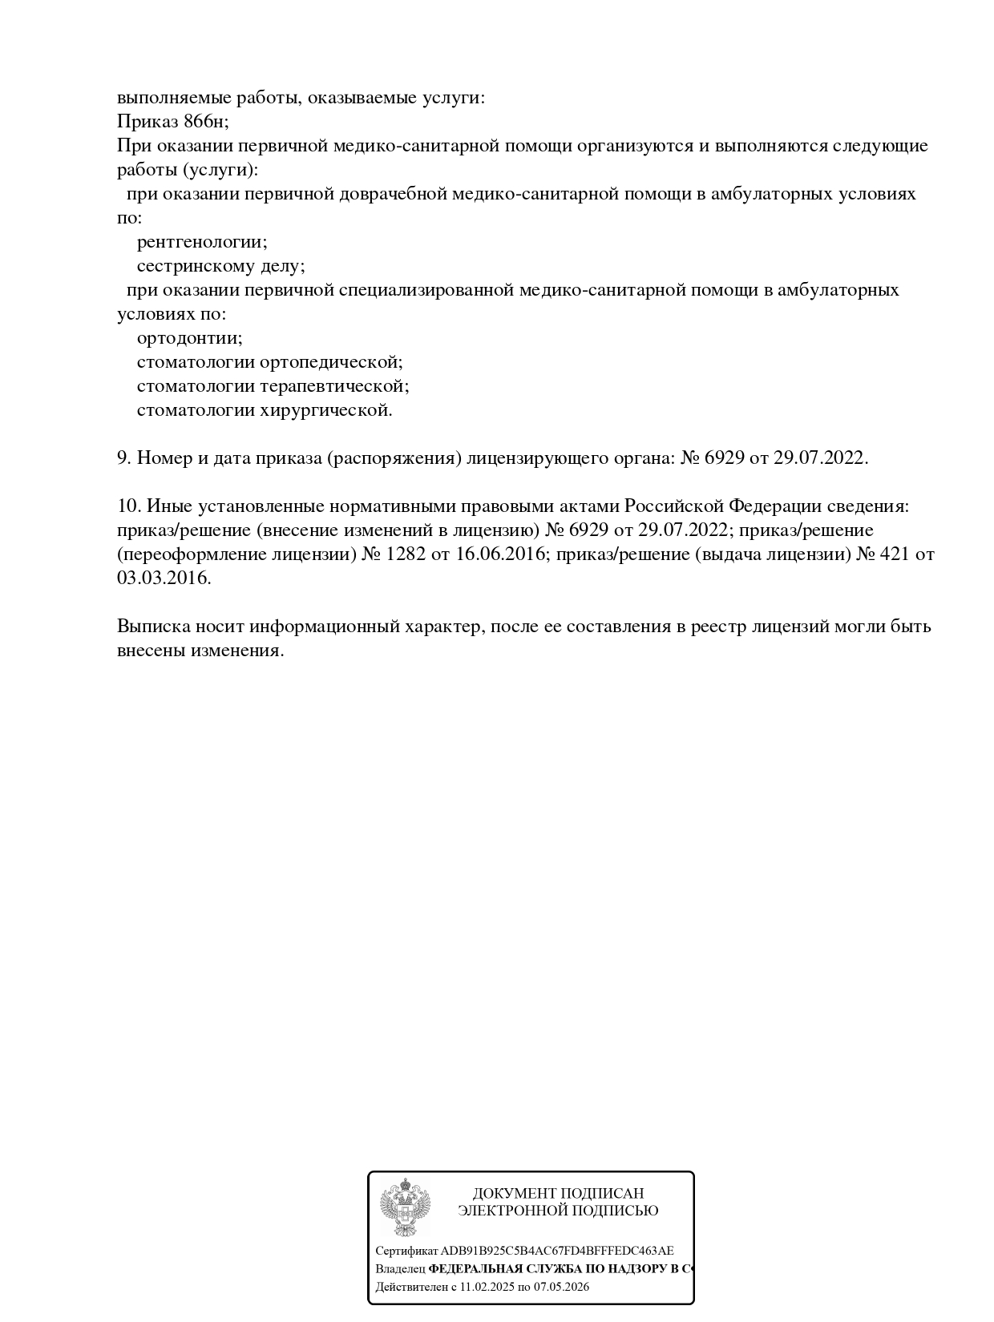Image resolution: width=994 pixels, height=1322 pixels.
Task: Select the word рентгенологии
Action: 200,242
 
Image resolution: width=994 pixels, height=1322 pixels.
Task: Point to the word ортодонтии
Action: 188,338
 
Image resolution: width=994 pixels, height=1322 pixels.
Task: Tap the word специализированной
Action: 426,290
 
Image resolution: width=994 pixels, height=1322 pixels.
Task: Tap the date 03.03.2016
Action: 164,578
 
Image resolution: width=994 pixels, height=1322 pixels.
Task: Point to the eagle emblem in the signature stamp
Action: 406,1207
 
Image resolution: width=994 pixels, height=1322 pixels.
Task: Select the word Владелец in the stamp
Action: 400,1269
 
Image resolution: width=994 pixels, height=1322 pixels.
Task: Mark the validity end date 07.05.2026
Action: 562,1288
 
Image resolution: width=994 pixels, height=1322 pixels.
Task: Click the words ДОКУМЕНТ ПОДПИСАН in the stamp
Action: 558,1193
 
